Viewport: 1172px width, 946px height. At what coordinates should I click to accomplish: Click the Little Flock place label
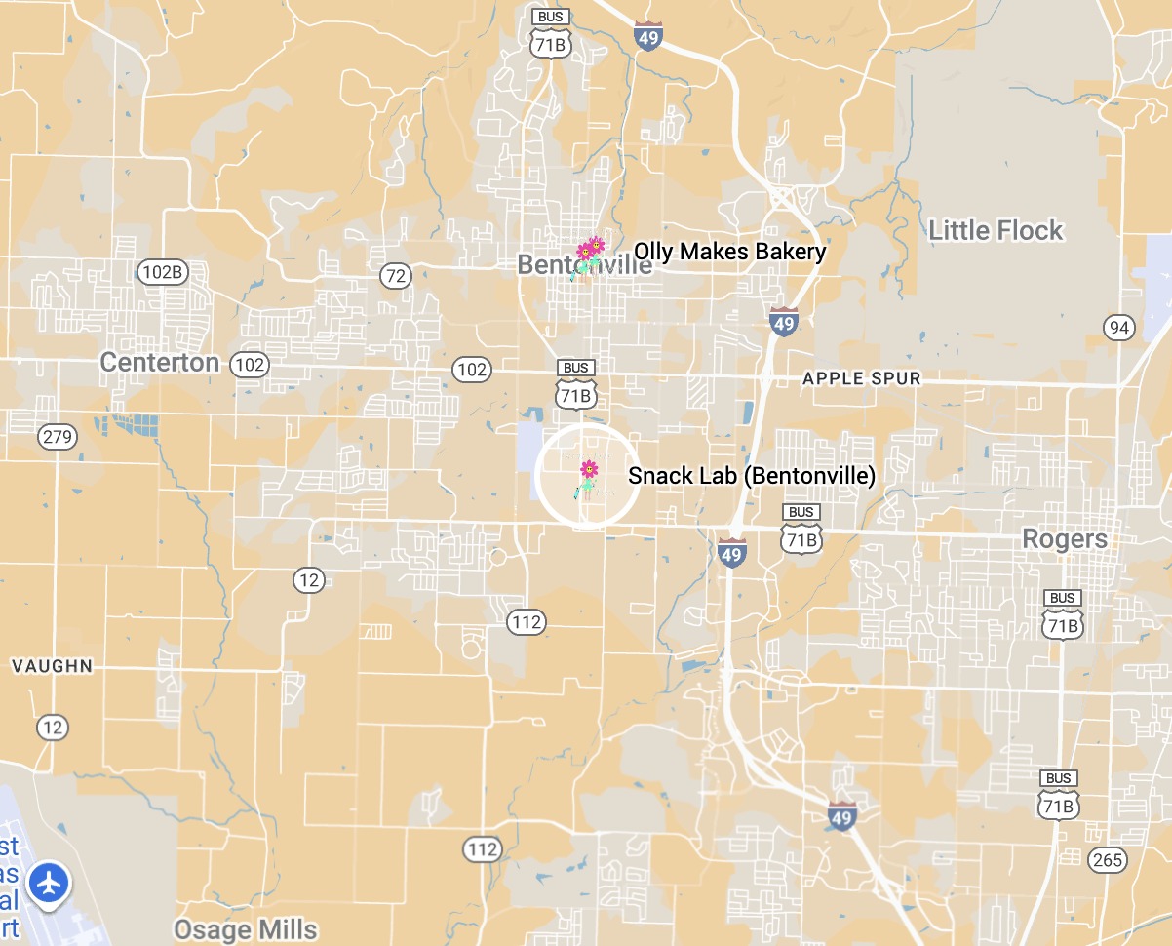995,230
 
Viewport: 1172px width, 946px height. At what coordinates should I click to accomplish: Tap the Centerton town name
160,363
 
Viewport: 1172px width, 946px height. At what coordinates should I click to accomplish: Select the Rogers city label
1064,538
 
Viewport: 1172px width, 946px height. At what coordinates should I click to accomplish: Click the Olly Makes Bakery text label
729,252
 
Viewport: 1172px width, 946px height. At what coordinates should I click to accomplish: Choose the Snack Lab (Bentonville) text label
751,475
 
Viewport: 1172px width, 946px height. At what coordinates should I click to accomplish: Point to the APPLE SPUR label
861,378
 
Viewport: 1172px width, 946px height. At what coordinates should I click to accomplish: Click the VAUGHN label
52,666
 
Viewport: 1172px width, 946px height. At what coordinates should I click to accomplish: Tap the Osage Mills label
245,929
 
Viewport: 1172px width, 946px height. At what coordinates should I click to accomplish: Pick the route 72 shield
395,276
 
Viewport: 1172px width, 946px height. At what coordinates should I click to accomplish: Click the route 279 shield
58,436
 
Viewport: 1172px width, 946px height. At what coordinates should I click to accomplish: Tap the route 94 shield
1119,327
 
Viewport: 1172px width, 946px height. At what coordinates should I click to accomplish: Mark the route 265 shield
1108,859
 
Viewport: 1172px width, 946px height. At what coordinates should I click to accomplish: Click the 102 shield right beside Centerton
249,365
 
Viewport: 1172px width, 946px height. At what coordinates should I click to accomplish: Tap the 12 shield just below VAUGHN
53,727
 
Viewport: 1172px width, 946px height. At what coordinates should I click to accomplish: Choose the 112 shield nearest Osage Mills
482,849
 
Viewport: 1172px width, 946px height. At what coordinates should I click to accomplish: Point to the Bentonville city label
584,264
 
